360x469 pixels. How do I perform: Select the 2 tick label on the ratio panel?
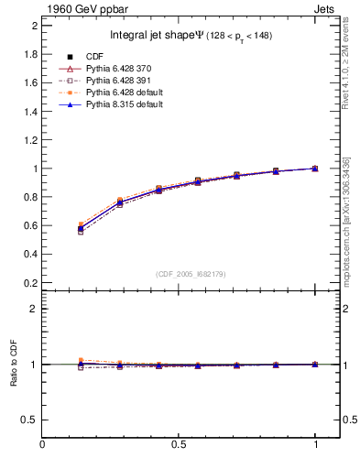pyautogui.click(x=34, y=309)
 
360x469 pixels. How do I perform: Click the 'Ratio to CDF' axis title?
pyautogui.click(x=13, y=364)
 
